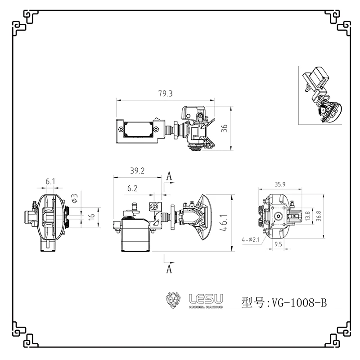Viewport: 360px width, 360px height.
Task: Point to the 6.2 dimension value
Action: click(132, 189)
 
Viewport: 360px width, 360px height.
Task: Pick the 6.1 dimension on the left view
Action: click(50, 182)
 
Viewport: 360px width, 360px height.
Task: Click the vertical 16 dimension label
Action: click(92, 216)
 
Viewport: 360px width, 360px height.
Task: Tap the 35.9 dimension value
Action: click(281, 184)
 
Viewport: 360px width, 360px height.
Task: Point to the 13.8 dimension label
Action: click(307, 216)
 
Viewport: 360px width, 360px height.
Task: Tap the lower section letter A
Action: click(169, 269)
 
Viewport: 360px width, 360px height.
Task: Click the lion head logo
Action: click(174, 300)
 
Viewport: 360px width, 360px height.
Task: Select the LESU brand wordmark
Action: click(209, 299)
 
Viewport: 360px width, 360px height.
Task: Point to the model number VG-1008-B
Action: click(297, 302)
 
